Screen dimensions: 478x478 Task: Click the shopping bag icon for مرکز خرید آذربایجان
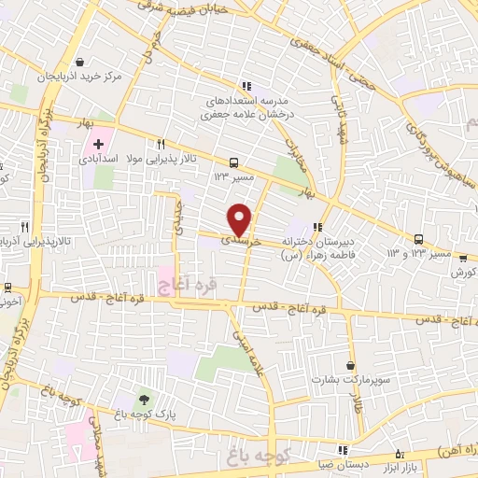pyautogui.click(x=86, y=63)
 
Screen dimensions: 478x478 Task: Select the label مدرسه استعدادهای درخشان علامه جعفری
pyautogui.click(x=246, y=105)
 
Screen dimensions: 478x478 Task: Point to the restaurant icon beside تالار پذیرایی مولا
pyautogui.click(x=162, y=144)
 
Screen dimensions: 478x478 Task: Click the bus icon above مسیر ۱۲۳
pyautogui.click(x=232, y=160)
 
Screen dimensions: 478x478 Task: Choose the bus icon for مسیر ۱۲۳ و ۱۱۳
pyautogui.click(x=419, y=239)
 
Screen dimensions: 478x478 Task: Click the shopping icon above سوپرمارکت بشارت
pyautogui.click(x=350, y=365)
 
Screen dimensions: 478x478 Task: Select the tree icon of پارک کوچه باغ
pyautogui.click(x=143, y=399)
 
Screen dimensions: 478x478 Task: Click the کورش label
pyautogui.click(x=461, y=273)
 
